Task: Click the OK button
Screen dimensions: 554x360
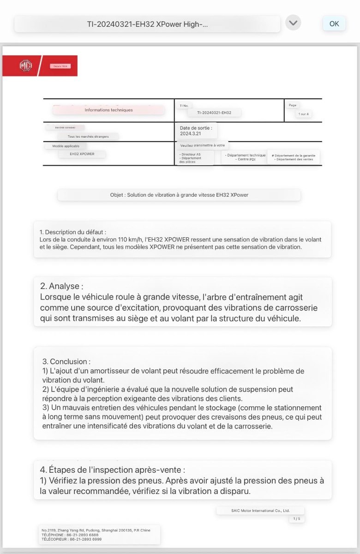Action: [x=334, y=24]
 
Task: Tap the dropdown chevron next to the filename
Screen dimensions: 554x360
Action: [x=293, y=23]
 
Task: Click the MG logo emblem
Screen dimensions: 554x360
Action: [x=26, y=66]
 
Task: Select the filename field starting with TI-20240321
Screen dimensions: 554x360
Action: [x=147, y=24]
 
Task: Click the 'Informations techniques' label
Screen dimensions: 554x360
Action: [x=108, y=110]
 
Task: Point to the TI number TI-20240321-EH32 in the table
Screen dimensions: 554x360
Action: [x=214, y=113]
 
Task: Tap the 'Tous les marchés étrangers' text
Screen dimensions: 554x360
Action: [x=88, y=137]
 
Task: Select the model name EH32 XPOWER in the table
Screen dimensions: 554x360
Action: [x=82, y=154]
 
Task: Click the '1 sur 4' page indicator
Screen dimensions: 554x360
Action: [x=303, y=114]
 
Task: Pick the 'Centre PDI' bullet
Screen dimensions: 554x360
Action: [x=245, y=159]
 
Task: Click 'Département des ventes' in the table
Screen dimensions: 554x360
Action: [x=294, y=159]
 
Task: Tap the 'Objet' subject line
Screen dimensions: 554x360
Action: [x=179, y=195]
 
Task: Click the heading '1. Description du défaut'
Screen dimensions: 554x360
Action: [x=73, y=232]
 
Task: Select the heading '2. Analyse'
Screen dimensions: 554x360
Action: [x=62, y=286]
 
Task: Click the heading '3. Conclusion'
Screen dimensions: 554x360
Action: [x=66, y=361]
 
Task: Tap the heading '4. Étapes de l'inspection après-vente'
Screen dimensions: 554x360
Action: [x=113, y=470]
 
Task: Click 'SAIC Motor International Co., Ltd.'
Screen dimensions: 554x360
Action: [x=260, y=511]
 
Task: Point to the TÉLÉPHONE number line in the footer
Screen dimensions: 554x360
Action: [x=70, y=535]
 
